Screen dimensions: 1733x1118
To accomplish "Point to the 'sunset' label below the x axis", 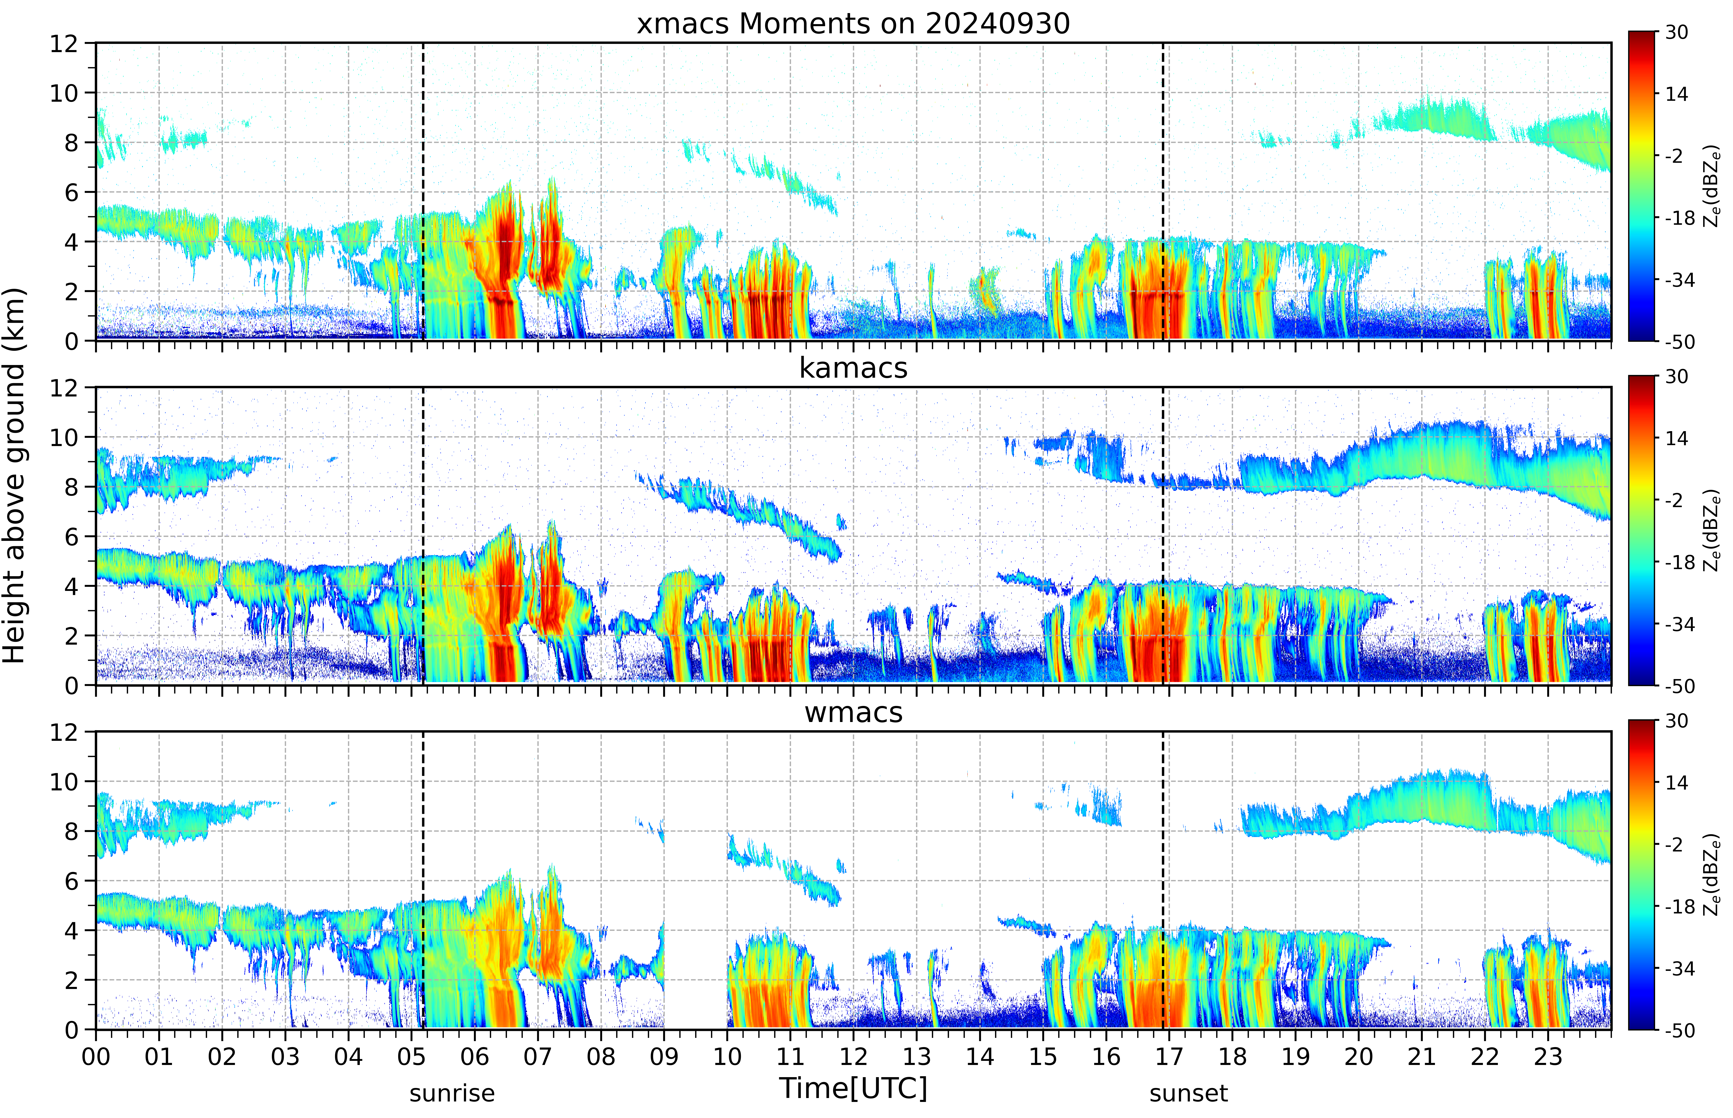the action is pos(1189,1093).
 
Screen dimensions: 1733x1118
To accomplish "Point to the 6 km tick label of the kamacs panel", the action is pos(71,537).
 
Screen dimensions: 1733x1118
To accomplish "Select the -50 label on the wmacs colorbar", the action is pos(1680,1030).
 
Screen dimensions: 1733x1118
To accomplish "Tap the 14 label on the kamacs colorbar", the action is pos(1676,438).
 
